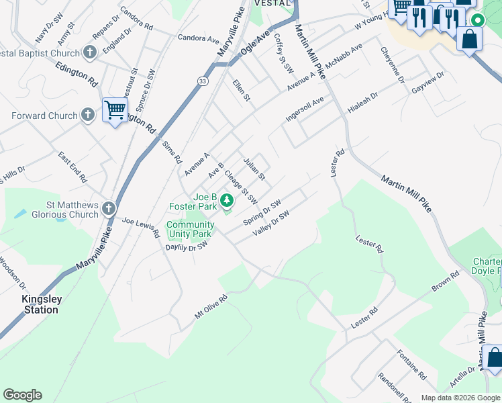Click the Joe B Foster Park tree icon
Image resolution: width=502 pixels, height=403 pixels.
pyautogui.click(x=227, y=199)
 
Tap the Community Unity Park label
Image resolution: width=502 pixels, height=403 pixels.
pyautogui.click(x=190, y=230)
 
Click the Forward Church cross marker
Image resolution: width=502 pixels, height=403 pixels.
pyautogui.click(x=87, y=116)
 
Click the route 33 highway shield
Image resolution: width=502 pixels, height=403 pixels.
pyautogui.click(x=202, y=81)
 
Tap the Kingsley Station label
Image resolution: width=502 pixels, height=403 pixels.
pyautogui.click(x=40, y=304)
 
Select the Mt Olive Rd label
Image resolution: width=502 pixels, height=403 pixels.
pyautogui.click(x=211, y=305)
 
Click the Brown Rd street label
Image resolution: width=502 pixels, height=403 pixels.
pyautogui.click(x=445, y=281)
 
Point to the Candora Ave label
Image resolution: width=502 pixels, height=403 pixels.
pyautogui.click(x=199, y=38)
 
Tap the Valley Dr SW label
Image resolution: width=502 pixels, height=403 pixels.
pyautogui.click(x=270, y=224)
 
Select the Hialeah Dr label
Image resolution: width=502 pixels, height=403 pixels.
pyautogui.click(x=362, y=103)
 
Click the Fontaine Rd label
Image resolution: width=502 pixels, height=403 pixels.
pyautogui.click(x=411, y=364)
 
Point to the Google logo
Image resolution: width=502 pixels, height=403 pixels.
pyautogui.click(x=22, y=395)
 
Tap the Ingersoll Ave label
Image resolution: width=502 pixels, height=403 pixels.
pyautogui.click(x=305, y=107)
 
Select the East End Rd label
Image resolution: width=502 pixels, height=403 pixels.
pyautogui.click(x=72, y=167)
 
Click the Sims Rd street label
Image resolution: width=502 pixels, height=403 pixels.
pyautogui.click(x=172, y=152)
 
